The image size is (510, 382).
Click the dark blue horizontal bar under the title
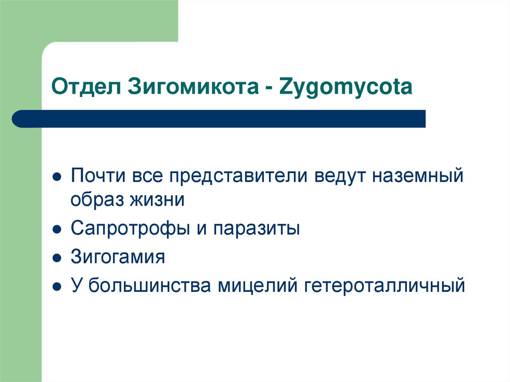(x=219, y=119)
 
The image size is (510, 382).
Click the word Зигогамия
(x=118, y=257)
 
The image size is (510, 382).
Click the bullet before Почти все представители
(x=57, y=177)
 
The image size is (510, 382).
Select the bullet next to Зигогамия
(x=57, y=258)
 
